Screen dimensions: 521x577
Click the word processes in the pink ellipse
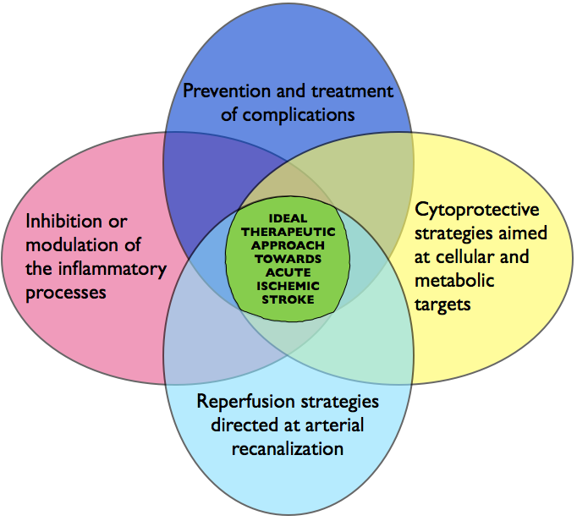66,293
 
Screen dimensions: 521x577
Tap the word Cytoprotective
477,209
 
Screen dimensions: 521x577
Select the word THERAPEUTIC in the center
288,231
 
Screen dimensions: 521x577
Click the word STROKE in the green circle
288,299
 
